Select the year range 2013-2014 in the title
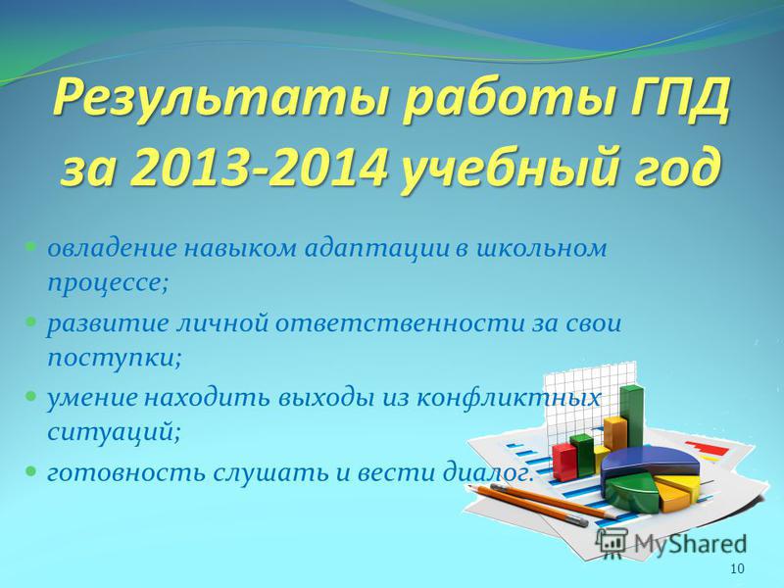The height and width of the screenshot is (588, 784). (x=259, y=167)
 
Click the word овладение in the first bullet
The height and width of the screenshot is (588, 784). (x=113, y=249)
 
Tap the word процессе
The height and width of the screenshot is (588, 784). (x=108, y=284)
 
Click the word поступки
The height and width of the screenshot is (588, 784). (x=114, y=359)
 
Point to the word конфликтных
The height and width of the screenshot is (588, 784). (x=508, y=399)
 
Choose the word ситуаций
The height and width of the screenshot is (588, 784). (x=114, y=432)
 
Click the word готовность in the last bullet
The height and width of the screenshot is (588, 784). (x=126, y=472)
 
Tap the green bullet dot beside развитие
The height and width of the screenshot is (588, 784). (x=30, y=322)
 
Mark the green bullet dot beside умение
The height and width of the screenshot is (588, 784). (x=30, y=397)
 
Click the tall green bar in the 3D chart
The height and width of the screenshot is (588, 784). (x=632, y=417)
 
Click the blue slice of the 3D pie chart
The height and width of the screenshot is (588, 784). (x=649, y=461)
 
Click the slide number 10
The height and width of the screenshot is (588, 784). (x=737, y=568)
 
